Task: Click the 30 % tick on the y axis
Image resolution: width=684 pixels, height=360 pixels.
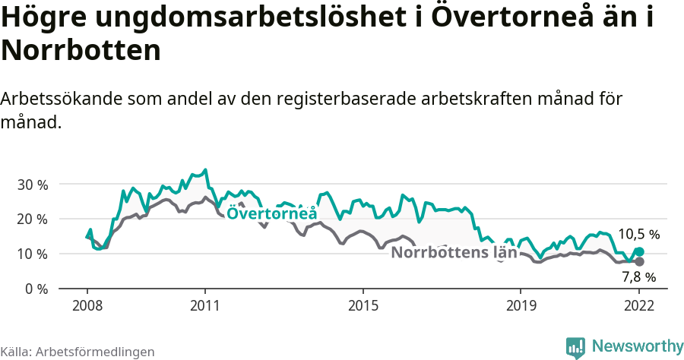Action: (x=32, y=185)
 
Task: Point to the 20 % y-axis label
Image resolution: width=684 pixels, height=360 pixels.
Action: (x=32, y=219)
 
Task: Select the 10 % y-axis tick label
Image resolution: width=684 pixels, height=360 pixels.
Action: (x=32, y=254)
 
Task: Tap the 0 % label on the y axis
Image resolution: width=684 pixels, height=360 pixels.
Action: (x=36, y=289)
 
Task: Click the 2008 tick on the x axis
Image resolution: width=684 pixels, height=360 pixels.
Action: (x=87, y=306)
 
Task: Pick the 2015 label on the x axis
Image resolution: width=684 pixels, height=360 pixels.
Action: (x=363, y=306)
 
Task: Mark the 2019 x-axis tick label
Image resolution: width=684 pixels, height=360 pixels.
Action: (x=521, y=306)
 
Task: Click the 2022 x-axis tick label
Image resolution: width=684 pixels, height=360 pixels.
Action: (x=639, y=306)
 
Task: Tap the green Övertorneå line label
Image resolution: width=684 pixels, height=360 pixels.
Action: (x=271, y=214)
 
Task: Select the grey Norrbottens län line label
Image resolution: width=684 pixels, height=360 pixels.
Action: (x=454, y=253)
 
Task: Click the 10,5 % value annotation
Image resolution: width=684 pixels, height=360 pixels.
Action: (x=638, y=234)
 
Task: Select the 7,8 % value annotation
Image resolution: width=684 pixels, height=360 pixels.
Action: (x=638, y=276)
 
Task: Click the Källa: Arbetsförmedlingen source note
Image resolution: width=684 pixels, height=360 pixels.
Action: (x=78, y=352)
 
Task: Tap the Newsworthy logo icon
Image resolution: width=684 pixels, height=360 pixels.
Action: (x=575, y=347)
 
